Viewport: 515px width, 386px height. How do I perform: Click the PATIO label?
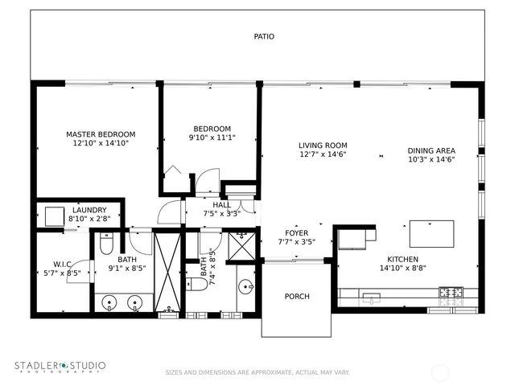[264, 36]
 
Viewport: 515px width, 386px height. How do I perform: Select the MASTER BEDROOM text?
[101, 134]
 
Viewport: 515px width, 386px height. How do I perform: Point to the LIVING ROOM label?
[323, 146]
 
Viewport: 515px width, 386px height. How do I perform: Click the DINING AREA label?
[431, 150]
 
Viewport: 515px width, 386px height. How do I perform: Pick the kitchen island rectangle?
[426, 233]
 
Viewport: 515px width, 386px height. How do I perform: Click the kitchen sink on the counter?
[371, 297]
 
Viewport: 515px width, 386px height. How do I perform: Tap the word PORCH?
[297, 297]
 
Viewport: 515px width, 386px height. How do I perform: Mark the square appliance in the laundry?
[55, 217]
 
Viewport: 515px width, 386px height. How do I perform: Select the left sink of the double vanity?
[113, 303]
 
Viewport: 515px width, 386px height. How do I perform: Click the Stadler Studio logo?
[60, 367]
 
